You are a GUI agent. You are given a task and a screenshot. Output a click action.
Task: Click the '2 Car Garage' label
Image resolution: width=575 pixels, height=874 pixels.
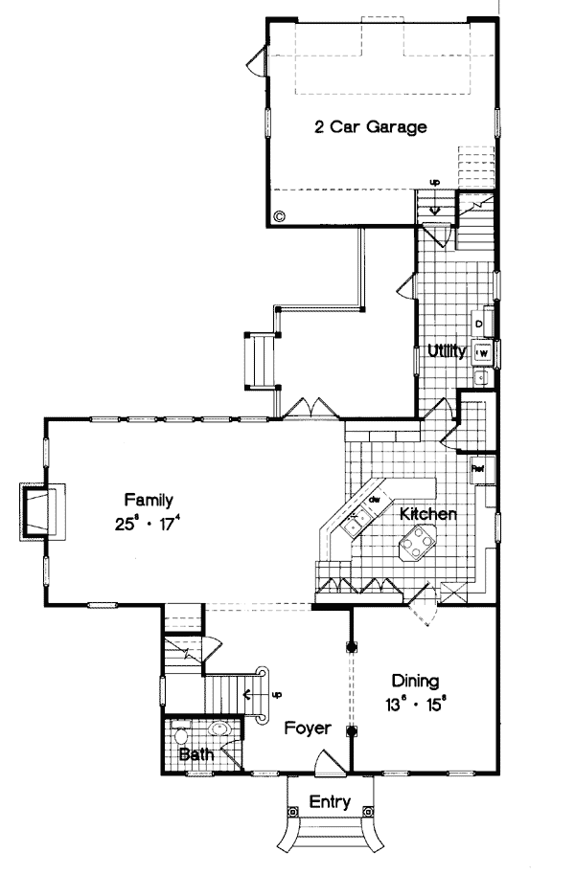(x=371, y=126)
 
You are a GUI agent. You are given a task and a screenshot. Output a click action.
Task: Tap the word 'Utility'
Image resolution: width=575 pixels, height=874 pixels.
(x=448, y=351)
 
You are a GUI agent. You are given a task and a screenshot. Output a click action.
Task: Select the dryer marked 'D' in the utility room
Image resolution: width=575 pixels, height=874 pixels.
(x=479, y=325)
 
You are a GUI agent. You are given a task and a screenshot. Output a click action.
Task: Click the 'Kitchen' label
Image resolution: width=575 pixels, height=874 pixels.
(x=427, y=514)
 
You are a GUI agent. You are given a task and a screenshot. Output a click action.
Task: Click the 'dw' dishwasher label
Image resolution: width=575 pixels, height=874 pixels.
(x=376, y=500)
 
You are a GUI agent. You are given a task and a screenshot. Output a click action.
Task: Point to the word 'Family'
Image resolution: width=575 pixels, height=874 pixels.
(x=148, y=499)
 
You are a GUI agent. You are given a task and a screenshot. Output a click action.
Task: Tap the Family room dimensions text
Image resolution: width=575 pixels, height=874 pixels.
(x=148, y=524)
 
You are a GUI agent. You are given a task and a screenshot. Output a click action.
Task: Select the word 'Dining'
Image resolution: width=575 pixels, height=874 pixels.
(x=416, y=682)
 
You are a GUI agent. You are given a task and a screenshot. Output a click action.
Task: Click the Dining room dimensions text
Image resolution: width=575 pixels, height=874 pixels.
(x=416, y=707)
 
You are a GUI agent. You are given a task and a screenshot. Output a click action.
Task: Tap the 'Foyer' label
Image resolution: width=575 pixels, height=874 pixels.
(x=308, y=728)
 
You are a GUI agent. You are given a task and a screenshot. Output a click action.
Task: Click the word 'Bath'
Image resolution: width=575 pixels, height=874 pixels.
(x=195, y=754)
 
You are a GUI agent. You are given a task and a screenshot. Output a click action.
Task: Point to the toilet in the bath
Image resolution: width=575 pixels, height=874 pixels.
(x=182, y=736)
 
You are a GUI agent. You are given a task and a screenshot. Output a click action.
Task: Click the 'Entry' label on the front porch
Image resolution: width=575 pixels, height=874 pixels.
(x=329, y=802)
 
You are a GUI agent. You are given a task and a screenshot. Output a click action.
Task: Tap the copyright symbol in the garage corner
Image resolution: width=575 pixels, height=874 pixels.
(x=279, y=216)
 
